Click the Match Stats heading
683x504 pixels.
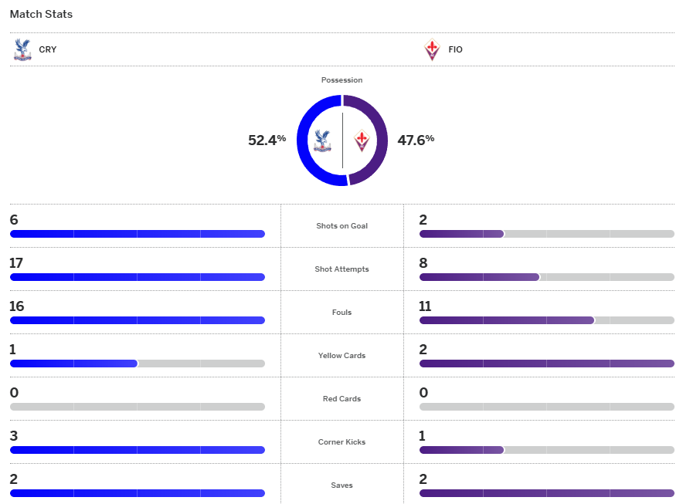[41, 14]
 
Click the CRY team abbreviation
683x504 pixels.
[48, 49]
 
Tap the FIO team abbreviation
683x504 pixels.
[455, 49]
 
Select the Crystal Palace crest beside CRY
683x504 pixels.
[22, 49]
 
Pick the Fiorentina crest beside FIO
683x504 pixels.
[432, 49]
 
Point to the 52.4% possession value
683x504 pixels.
[267, 140]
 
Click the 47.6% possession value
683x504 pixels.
[416, 140]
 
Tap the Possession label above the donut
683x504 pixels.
[341, 80]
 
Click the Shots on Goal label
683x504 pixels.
[341, 226]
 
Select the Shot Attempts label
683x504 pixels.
[341, 269]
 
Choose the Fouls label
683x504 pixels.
[341, 313]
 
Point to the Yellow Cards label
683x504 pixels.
[341, 356]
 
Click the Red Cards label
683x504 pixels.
[341, 399]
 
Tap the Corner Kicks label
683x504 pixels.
[341, 442]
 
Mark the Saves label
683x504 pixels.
[341, 485]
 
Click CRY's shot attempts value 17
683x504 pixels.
[16, 263]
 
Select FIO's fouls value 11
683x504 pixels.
[425, 306]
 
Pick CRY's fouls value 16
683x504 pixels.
[17, 306]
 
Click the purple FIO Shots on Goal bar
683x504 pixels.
[461, 234]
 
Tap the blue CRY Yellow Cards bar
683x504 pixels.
[73, 364]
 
